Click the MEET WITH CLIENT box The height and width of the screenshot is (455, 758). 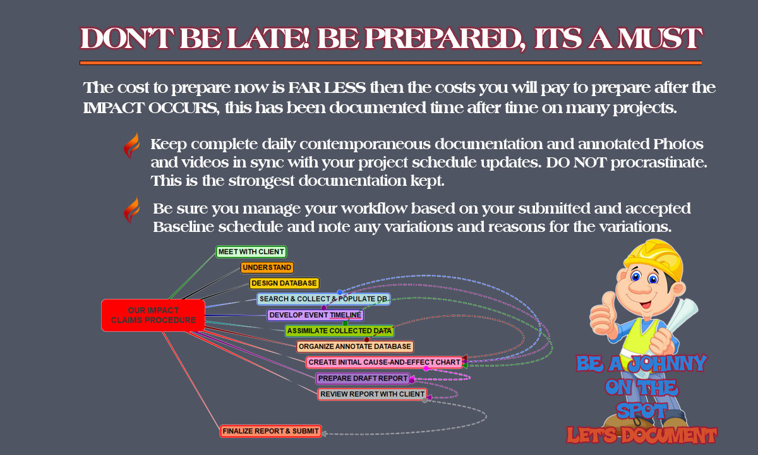251,252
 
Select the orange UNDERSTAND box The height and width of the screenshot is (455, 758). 267,267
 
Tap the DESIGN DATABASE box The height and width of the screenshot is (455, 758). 284,283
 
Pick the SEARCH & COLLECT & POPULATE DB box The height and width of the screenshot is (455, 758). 323,299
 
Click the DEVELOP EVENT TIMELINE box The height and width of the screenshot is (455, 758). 315,315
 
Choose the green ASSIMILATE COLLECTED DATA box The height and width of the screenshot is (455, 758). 339,331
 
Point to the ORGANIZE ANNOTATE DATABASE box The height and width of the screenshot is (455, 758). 355,346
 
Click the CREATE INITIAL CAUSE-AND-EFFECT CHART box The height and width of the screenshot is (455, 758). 384,362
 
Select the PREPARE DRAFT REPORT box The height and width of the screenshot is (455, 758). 363,379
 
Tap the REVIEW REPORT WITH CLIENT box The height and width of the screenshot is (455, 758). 372,394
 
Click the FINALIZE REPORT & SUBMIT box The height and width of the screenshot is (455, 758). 271,431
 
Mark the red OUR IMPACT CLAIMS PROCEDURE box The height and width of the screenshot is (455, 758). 153,315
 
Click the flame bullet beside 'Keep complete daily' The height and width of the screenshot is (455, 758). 131,145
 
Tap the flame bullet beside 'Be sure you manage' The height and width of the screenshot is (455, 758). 131,210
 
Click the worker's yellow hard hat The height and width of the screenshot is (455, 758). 653,259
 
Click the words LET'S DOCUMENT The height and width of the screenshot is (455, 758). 642,435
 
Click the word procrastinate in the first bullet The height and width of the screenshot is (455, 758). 658,162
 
